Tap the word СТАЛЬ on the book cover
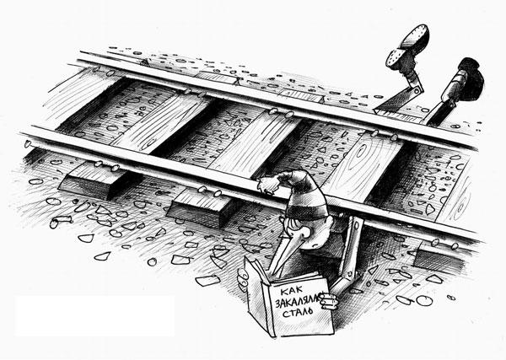298,312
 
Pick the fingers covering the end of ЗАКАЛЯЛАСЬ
328,301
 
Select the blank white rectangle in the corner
94,316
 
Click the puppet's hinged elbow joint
348,273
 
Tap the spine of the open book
271,309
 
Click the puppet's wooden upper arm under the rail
354,246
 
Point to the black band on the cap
306,212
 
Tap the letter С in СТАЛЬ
286,314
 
